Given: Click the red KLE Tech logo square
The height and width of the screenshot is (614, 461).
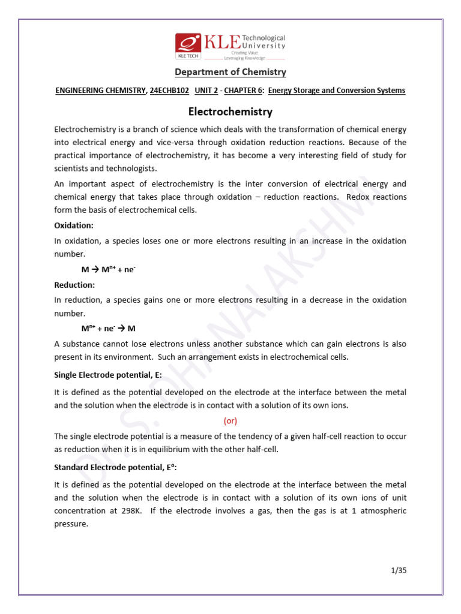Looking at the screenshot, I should [188, 46].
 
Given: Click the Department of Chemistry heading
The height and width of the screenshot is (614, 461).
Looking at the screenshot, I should [230, 72].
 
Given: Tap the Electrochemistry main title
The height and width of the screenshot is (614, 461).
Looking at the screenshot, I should [230, 112].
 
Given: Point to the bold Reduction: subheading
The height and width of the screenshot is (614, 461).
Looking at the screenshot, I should [74, 285].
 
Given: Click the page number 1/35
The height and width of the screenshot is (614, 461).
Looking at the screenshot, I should [397, 570].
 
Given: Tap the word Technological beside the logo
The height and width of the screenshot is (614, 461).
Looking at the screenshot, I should [265, 38].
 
